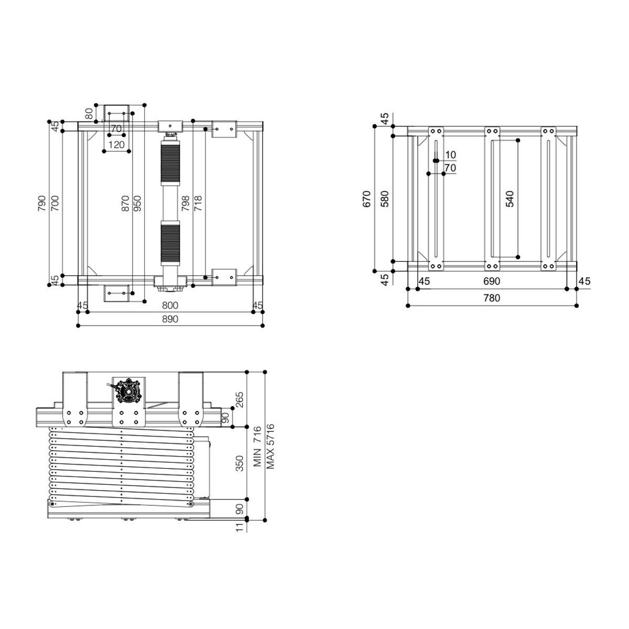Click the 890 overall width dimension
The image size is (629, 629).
170,319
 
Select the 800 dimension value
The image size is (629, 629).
170,305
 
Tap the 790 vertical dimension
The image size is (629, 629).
41,203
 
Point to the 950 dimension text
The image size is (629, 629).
137,203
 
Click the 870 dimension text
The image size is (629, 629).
125,203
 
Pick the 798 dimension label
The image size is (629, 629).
186,203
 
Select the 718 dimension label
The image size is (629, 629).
198,203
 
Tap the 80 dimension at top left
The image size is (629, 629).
89,112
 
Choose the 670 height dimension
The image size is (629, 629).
367,199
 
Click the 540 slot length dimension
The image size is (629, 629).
510,199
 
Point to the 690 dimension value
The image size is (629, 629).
492,281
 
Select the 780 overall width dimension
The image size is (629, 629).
492,298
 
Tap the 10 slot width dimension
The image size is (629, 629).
450,155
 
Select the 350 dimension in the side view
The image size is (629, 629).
240,463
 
